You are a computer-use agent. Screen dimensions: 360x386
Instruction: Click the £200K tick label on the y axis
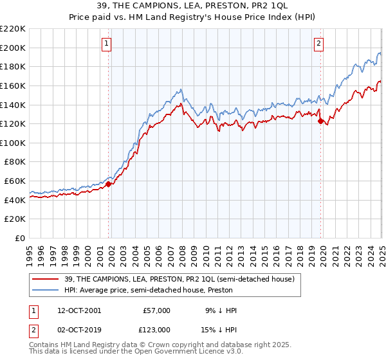click(x=13, y=48)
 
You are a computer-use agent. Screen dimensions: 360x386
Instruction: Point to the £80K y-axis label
click(x=15, y=162)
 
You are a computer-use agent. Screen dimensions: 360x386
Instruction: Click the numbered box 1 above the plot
click(x=107, y=44)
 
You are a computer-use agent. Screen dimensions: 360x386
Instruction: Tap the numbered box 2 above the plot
click(x=318, y=44)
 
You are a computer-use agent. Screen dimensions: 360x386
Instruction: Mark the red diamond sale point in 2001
click(x=109, y=184)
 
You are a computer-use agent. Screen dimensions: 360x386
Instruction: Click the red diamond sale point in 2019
click(x=320, y=121)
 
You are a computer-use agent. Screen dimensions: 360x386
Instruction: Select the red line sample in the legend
click(x=46, y=279)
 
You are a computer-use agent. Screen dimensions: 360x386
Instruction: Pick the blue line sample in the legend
click(x=46, y=290)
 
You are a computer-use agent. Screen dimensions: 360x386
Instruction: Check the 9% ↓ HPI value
click(x=219, y=310)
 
